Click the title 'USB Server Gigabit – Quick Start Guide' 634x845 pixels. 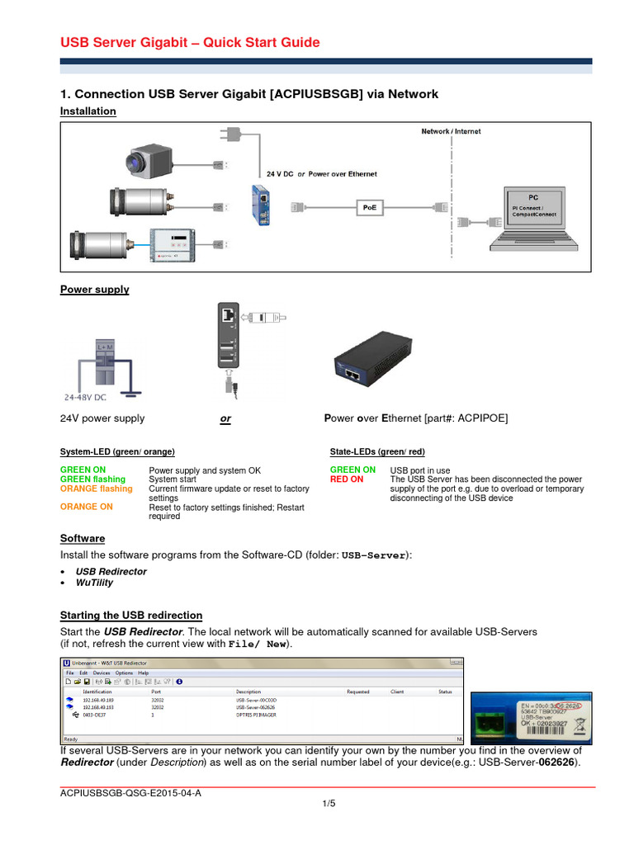(x=191, y=43)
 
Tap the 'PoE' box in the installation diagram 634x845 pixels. (x=369, y=208)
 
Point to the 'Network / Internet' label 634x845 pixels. (x=451, y=131)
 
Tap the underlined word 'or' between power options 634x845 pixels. (x=225, y=419)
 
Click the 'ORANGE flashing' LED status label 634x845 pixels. (x=96, y=489)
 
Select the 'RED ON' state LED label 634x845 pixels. (x=346, y=479)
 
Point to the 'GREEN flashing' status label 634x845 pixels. (x=92, y=479)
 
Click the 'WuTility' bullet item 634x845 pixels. (x=94, y=583)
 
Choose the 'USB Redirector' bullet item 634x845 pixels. (x=111, y=571)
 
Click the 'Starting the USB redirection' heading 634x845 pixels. (x=131, y=616)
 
